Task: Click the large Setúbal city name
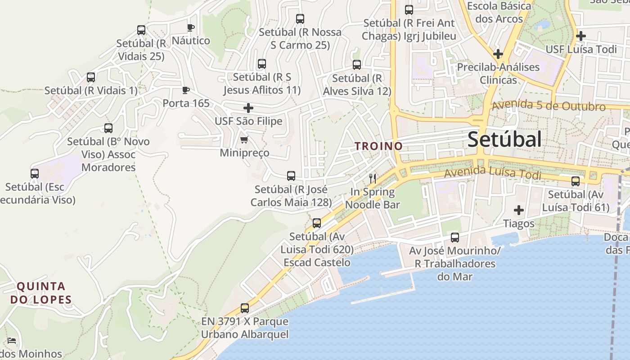[504, 140]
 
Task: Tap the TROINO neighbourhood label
[378, 146]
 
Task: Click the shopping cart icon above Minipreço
[244, 140]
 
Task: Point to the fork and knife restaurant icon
[373, 179]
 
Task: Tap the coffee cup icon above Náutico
[191, 27]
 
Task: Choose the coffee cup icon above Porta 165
[186, 90]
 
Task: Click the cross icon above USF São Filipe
[248, 108]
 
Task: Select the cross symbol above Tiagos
[519, 210]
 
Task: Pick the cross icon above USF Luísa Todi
[581, 36]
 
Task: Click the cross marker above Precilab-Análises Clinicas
[498, 54]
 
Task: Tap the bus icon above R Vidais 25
[141, 30]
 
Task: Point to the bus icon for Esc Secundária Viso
[35, 174]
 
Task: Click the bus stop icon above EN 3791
[245, 308]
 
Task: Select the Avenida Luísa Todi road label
[492, 172]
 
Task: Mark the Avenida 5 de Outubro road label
[549, 106]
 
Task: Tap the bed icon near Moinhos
[12, 341]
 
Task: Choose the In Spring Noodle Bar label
[373, 198]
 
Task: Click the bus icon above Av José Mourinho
[455, 238]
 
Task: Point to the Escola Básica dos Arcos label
[499, 13]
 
